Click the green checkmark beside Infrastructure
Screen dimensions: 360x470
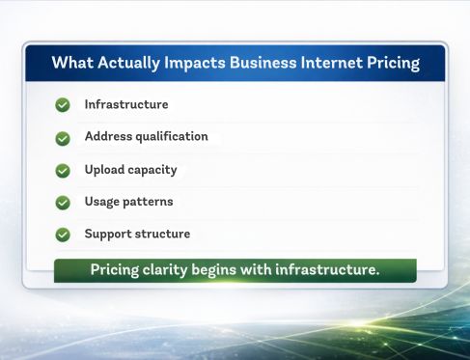coord(63,105)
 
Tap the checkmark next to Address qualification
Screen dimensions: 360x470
coord(63,138)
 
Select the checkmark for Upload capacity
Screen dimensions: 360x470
coord(63,170)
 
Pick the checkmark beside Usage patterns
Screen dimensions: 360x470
coord(63,203)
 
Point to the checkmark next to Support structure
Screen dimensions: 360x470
coord(63,235)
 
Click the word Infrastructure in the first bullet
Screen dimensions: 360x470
coord(126,104)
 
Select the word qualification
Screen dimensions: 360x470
coord(171,136)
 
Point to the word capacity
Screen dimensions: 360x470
coord(153,170)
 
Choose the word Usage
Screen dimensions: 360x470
coord(103,201)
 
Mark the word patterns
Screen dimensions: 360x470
coord(151,201)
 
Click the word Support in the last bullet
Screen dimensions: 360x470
coord(108,234)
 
